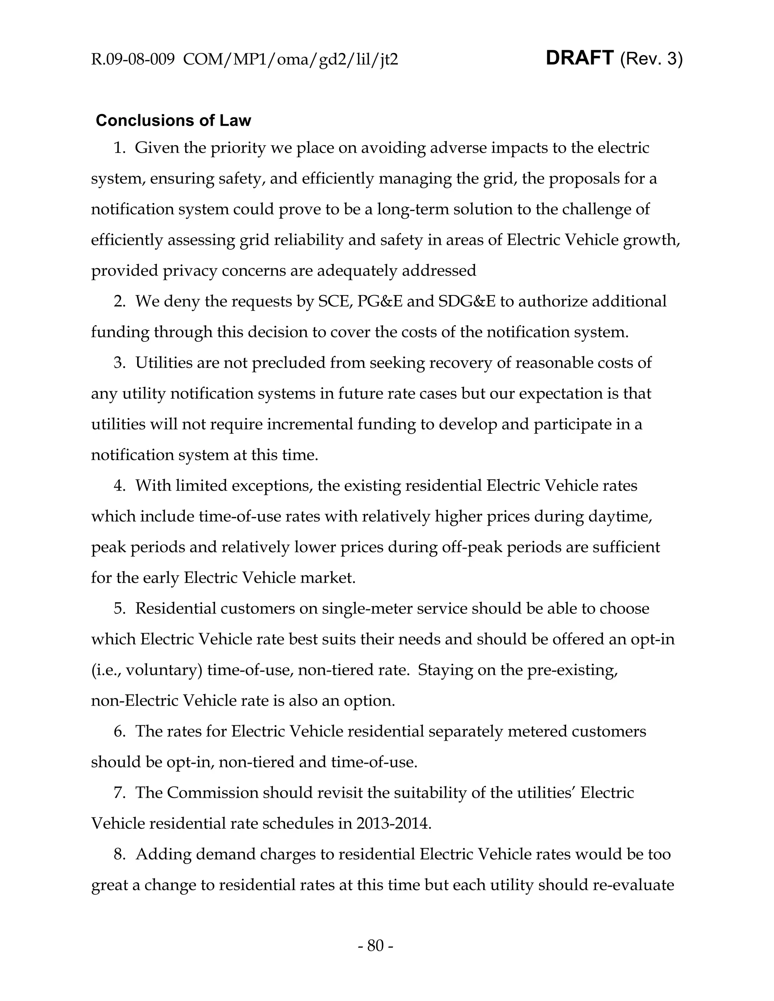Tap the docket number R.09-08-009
coord(133,60)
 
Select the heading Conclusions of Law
coord(173,120)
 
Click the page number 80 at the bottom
coord(375,945)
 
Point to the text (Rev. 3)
coord(651,59)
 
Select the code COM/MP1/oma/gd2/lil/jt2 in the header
coord(291,60)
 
